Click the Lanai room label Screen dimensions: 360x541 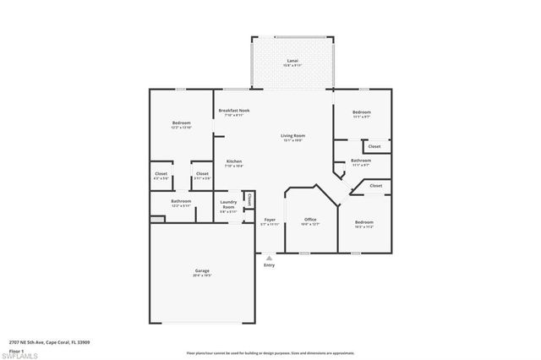292,62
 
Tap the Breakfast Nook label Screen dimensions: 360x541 234,111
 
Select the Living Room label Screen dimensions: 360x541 292,135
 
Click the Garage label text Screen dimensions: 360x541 202,271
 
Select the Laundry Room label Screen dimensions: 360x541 228,203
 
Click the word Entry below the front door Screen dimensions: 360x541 269,265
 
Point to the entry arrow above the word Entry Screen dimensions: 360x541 269,257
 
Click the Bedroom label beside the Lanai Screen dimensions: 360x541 361,112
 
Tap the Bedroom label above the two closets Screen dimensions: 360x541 181,123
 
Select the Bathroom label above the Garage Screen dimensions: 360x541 181,201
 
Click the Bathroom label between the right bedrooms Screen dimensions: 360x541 361,160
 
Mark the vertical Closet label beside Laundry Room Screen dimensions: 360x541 250,199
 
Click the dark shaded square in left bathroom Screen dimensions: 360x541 156,219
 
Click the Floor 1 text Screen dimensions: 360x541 17,349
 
